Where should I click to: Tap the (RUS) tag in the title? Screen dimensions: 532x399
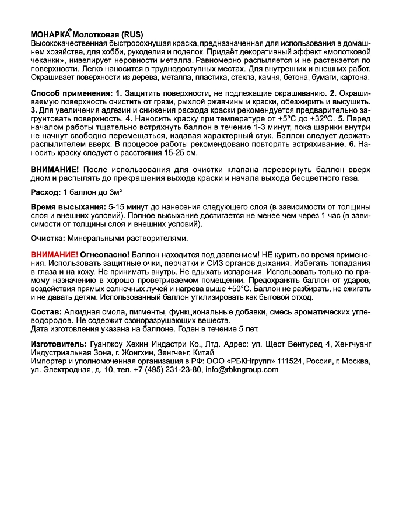coord(129,34)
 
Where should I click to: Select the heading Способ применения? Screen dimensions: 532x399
coord(71,93)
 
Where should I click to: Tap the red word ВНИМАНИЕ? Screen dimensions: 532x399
coord(54,255)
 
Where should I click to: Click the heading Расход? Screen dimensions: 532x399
coord(45,192)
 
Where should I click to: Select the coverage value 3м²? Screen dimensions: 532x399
coord(119,192)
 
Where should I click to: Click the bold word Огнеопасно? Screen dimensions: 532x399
coord(106,255)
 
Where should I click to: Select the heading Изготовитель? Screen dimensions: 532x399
coord(58,345)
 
